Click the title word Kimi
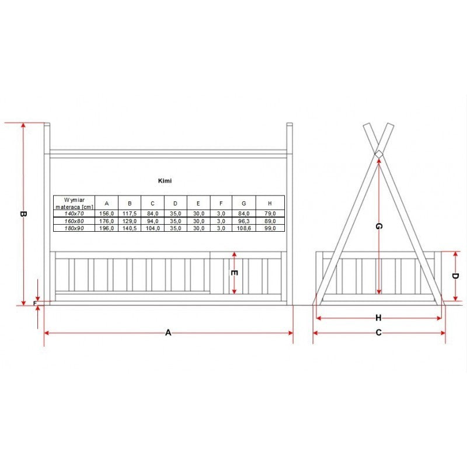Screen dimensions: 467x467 click(165, 181)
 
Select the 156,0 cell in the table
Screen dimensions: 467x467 click(106, 214)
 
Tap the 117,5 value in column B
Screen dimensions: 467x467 click(130, 214)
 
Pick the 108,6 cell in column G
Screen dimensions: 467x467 click(243, 228)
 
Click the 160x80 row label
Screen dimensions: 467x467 click(74, 221)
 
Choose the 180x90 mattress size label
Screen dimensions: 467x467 click(74, 228)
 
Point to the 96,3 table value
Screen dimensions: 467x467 click(243, 221)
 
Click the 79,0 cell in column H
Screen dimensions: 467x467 click(270, 214)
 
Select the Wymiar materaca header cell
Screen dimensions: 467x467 click(74, 203)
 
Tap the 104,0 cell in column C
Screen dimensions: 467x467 click(152, 228)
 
